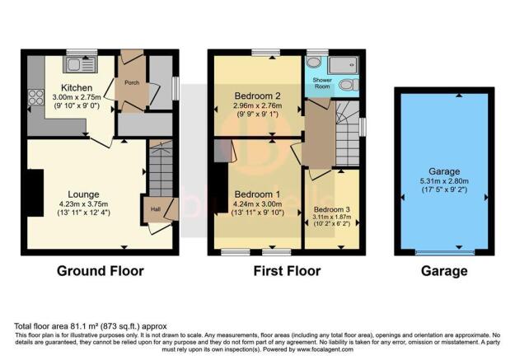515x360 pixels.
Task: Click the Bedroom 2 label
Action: tap(257, 96)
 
